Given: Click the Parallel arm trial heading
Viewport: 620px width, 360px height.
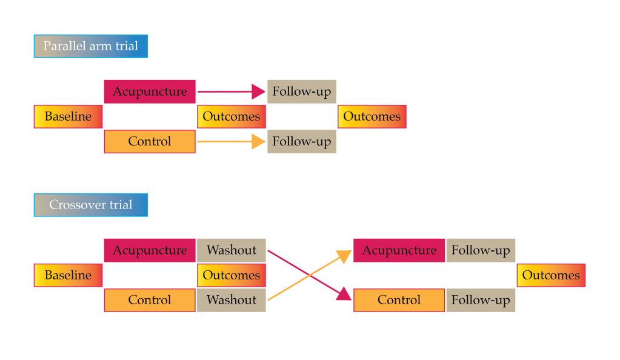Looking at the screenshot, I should click(90, 46).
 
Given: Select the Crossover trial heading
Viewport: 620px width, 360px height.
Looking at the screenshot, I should click(90, 205).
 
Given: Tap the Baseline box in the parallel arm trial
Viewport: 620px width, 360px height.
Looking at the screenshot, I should click(68, 116).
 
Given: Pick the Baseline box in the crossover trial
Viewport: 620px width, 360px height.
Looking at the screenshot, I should click(68, 275).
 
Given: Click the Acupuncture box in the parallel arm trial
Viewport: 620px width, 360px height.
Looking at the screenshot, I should click(150, 92).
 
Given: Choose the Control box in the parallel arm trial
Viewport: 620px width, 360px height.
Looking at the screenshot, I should click(150, 142).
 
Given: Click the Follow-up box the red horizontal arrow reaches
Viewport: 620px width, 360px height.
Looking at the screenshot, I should click(302, 92).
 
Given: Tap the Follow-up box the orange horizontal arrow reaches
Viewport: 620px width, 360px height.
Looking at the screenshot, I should click(302, 142).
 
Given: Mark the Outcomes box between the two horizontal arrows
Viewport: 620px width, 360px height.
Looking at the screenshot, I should click(232, 116).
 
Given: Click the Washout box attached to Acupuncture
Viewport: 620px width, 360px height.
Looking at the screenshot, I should click(232, 250).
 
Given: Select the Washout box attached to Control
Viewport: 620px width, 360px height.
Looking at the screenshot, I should click(232, 300).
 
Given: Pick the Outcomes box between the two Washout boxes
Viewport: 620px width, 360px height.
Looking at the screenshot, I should click(232, 275).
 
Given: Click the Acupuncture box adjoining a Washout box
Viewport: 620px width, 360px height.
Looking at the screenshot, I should click(150, 250).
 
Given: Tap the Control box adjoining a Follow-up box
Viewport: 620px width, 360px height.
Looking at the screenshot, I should click(399, 300).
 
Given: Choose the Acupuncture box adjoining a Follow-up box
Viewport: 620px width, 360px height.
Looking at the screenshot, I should click(399, 250).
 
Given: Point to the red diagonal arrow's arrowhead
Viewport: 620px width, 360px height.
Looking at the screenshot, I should click(345, 295).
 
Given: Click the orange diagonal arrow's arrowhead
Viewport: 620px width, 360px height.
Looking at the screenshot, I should click(345, 256).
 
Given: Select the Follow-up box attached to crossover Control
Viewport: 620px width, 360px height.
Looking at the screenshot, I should click(481, 300).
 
